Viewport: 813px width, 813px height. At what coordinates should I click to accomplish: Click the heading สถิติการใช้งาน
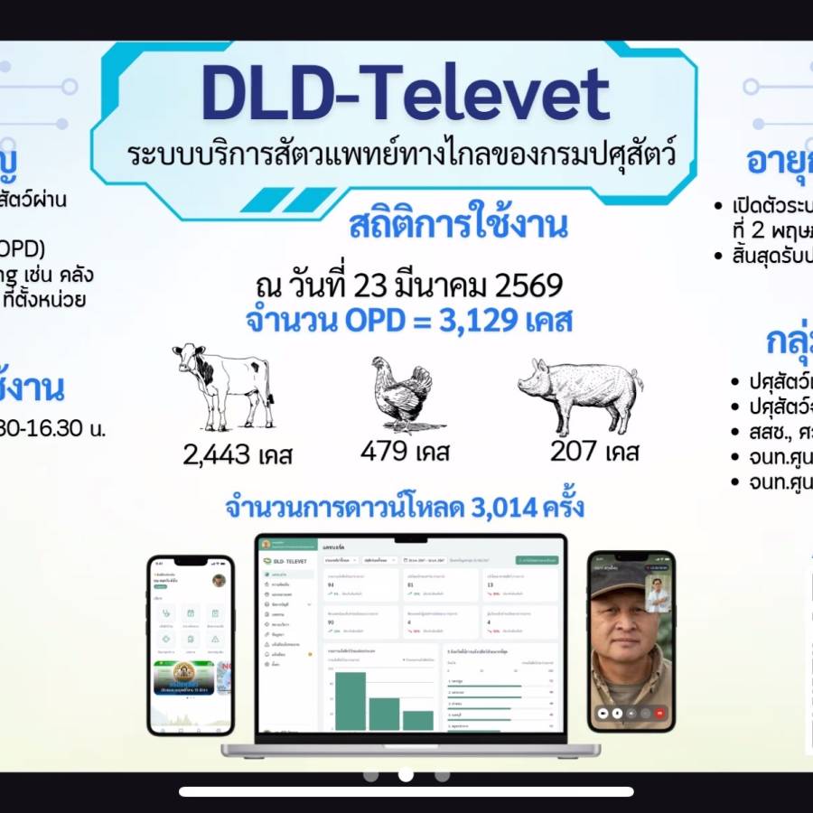[458, 225]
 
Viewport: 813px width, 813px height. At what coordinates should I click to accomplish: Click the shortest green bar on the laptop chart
[418, 720]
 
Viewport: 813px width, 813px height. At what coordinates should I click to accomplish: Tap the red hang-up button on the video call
[660, 712]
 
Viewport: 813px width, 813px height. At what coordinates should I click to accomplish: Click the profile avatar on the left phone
[219, 580]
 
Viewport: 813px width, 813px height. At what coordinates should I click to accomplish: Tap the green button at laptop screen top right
[537, 560]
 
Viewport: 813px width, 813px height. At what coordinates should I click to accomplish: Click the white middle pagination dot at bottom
[406, 775]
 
